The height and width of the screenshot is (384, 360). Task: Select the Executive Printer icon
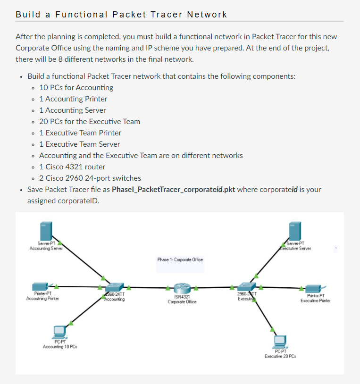tap(312, 289)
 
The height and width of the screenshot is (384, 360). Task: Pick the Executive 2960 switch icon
tap(245, 287)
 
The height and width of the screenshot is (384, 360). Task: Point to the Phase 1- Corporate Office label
tap(180, 259)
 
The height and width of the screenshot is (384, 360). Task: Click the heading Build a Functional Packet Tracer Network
tap(121, 15)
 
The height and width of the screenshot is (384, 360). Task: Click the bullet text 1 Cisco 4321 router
tap(72, 167)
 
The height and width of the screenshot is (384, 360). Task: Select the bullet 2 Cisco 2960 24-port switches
tap(90, 178)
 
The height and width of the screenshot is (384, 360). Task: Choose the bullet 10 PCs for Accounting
tap(76, 87)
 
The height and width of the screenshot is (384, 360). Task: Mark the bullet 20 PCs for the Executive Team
tap(89, 121)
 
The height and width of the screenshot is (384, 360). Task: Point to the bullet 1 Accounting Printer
tap(73, 99)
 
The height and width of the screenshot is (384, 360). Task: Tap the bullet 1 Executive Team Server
tap(79, 144)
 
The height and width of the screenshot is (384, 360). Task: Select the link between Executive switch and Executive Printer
tap(278, 287)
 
